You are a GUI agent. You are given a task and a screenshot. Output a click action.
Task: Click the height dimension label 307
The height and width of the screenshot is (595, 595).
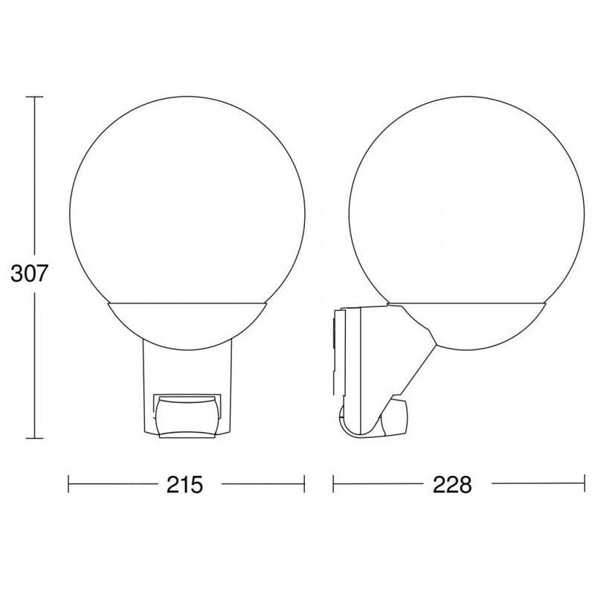30,273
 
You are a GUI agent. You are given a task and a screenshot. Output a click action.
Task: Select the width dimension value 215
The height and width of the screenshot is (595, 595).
184,484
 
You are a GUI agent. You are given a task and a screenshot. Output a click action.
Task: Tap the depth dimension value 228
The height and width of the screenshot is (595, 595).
452,484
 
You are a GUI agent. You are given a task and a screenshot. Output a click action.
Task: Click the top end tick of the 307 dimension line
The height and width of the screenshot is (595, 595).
34,97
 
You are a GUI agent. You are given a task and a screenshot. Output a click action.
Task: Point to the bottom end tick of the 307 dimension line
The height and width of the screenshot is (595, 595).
34,438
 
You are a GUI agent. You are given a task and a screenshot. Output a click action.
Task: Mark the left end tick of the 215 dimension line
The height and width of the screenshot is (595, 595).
68,484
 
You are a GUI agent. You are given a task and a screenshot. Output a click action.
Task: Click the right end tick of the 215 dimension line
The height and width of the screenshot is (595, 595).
304,484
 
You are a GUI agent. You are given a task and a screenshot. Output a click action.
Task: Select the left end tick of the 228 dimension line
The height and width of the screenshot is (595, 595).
333,484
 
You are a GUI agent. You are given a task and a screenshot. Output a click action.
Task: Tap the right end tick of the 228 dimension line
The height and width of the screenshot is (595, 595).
585,484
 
